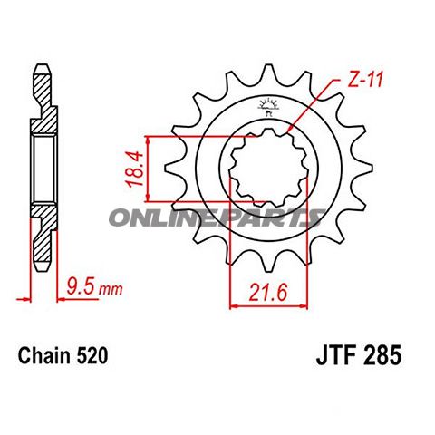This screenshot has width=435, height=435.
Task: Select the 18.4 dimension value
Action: [135, 169]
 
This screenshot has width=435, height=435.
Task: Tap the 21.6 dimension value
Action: [267, 293]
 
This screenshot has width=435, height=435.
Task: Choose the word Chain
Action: [45, 355]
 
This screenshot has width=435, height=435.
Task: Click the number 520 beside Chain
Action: [92, 355]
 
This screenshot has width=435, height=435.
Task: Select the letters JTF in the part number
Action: [335, 355]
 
